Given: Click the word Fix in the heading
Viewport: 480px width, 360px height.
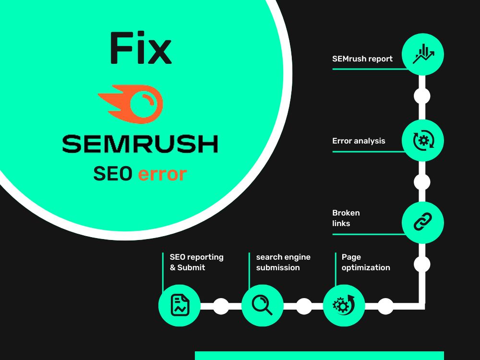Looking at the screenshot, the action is click(x=141, y=48).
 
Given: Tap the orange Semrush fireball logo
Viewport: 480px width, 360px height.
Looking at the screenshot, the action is click(x=131, y=104).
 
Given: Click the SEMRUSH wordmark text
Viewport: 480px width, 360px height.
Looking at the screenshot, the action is click(x=140, y=144).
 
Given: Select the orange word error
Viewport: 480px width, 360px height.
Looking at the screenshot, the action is click(x=162, y=174).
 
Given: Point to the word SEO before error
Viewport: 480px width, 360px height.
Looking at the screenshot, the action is click(x=113, y=174).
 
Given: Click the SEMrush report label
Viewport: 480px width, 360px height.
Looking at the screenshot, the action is click(x=362, y=59).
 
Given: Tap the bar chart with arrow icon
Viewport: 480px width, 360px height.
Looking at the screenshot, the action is click(x=423, y=54).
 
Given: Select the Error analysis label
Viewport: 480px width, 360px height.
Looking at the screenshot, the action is click(x=359, y=141).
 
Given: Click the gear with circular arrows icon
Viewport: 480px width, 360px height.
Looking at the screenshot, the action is click(x=423, y=140).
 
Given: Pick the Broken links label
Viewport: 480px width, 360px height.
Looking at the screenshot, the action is click(x=346, y=218).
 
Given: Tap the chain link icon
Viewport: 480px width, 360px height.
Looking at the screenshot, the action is click(x=423, y=222).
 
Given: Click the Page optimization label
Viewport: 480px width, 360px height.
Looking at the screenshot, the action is click(x=366, y=262).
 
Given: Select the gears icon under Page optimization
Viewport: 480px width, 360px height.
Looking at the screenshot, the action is click(x=344, y=305).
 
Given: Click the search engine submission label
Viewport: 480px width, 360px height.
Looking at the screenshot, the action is click(x=283, y=262).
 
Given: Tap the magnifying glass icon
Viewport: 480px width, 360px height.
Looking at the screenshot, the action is click(x=262, y=305).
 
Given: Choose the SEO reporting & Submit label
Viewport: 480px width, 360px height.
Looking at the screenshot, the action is click(x=196, y=262).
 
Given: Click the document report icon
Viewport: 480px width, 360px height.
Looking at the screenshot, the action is click(x=180, y=305).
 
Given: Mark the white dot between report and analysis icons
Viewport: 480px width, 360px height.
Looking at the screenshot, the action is click(x=422, y=96).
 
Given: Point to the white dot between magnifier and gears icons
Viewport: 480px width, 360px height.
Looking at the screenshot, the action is click(x=304, y=306).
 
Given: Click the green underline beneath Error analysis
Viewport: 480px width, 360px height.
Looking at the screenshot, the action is click(x=369, y=152).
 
